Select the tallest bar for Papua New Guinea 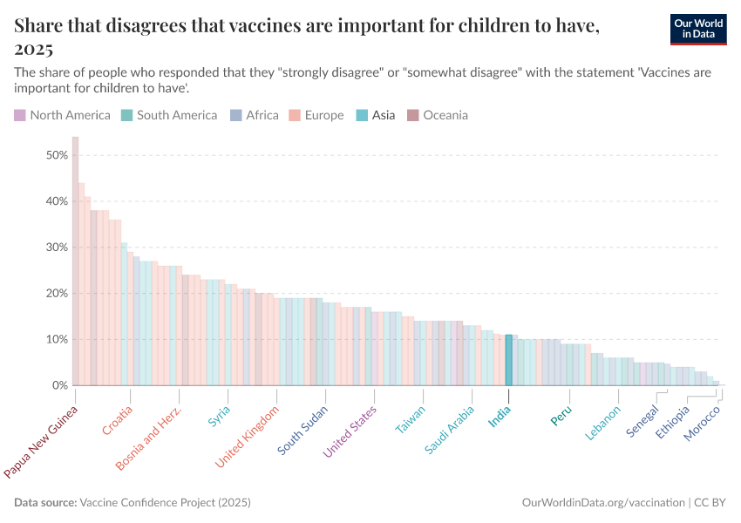[75, 261]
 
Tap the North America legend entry [62, 115]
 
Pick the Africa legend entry [255, 115]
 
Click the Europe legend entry [316, 115]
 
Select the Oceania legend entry [438, 115]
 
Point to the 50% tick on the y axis [58, 155]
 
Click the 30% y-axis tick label [58, 248]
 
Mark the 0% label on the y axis [60, 385]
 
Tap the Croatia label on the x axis [119, 420]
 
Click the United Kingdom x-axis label [248, 435]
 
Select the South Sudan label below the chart [303, 429]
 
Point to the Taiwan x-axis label [411, 419]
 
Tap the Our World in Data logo [698, 29]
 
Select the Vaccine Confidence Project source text [165, 503]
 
